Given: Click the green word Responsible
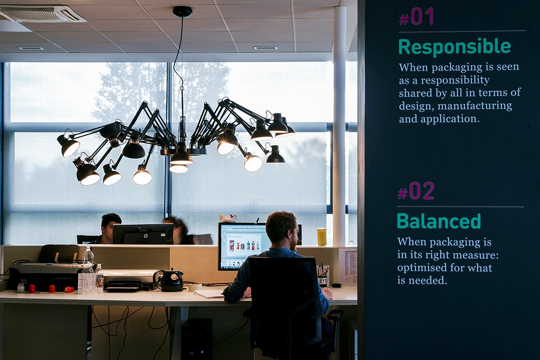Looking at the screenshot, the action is tap(455, 46).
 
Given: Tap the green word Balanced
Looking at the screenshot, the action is tap(438, 221).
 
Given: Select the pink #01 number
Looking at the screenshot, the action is tap(417, 16).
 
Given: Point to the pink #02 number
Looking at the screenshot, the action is tap(416, 191).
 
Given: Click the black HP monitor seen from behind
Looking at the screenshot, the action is tap(143, 233).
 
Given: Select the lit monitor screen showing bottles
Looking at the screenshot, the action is tap(241, 246).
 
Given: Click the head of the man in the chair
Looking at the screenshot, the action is tap(282, 229).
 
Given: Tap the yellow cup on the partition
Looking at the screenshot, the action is tap(322, 237).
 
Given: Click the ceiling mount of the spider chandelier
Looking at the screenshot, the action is tap(182, 12).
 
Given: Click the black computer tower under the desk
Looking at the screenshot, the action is tap(197, 339).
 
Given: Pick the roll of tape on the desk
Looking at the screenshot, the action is tap(195, 287).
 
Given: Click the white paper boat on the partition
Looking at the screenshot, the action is tap(228, 218).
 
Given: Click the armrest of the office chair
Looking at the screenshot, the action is tap(335, 315).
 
